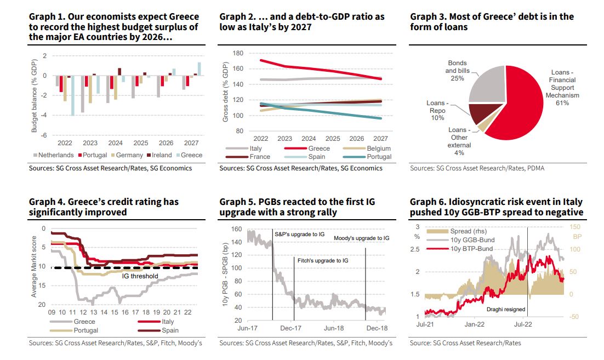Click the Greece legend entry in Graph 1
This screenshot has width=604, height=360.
click(190, 155)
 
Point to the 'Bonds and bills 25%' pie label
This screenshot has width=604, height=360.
click(457, 71)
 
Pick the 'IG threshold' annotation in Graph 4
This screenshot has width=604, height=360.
click(140, 276)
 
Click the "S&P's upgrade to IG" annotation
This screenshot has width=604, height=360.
click(300, 234)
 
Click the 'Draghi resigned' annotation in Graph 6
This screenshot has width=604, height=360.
click(506, 310)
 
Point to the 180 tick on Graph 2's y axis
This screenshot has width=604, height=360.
click(237, 53)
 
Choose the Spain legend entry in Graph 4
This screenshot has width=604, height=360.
click(170, 330)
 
